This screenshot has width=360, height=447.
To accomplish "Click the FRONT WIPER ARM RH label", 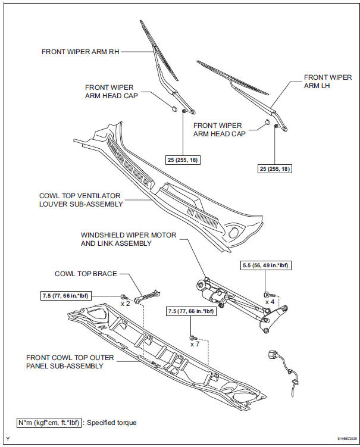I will click(x=81, y=52).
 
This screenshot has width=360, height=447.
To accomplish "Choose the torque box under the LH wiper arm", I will click(x=275, y=168).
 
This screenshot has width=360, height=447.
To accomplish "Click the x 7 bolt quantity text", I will click(x=195, y=344).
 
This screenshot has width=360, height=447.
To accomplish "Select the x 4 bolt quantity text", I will click(x=271, y=302).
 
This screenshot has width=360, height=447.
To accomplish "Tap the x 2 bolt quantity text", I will click(x=125, y=304).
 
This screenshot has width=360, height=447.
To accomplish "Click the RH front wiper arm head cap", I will click(x=173, y=110).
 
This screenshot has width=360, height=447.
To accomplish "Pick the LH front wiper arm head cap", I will click(x=267, y=122).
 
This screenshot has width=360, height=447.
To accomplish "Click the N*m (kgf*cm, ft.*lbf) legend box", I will click(x=50, y=423).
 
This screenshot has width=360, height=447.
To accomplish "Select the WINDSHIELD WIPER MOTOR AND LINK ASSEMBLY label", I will click(x=129, y=239).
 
